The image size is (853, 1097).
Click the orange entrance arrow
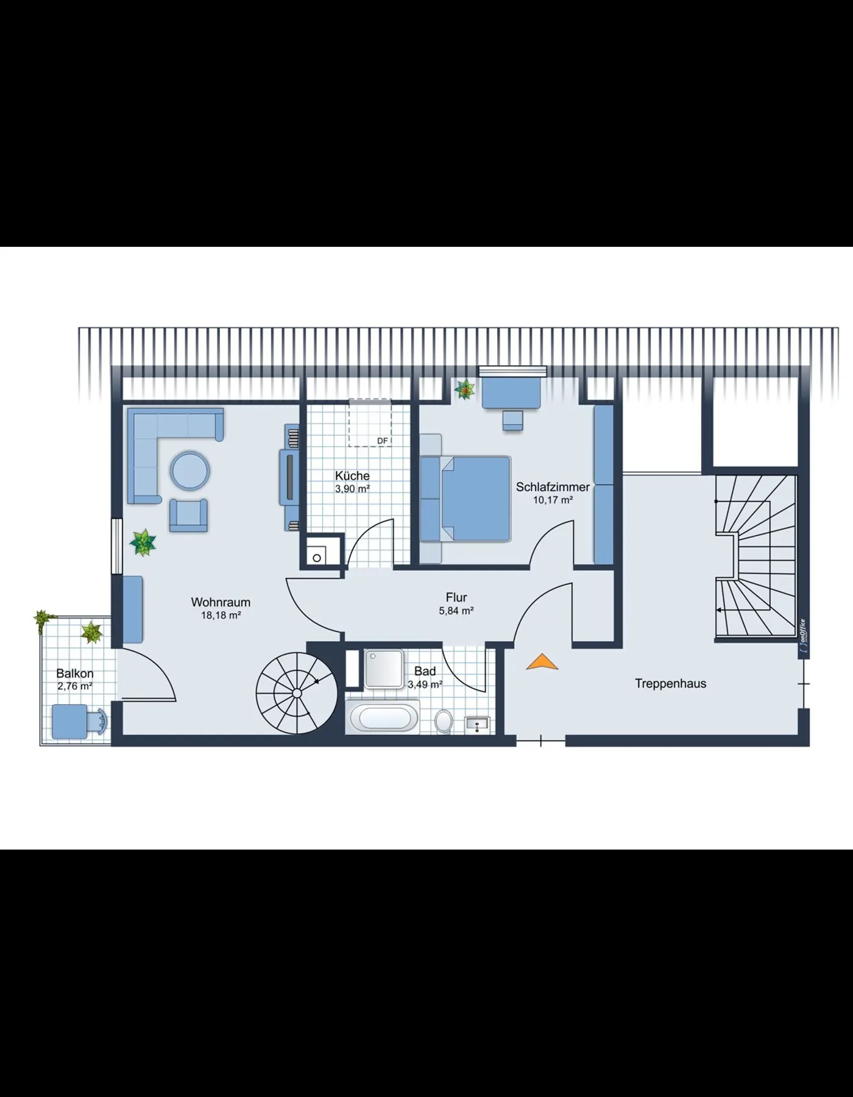tap(542, 662)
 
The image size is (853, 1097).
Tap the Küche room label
tap(352, 475)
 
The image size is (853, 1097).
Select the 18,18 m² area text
tap(221, 616)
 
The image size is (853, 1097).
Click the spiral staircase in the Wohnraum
tap(296, 693)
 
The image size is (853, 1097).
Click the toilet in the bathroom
tap(444, 721)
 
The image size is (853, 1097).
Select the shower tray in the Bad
tap(384, 668)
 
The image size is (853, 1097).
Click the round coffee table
tap(189, 470)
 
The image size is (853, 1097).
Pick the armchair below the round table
tap(188, 516)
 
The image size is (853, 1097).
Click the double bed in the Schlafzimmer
tap(465, 499)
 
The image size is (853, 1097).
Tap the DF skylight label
tap(383, 441)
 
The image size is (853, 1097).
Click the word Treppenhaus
tap(671, 684)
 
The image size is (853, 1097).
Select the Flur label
tap(456, 598)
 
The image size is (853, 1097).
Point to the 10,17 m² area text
tap(553, 500)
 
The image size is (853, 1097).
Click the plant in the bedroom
tap(465, 389)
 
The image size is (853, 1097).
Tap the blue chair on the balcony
tap(79, 722)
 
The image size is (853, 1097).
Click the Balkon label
tap(75, 673)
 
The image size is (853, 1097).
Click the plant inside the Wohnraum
tap(143, 542)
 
